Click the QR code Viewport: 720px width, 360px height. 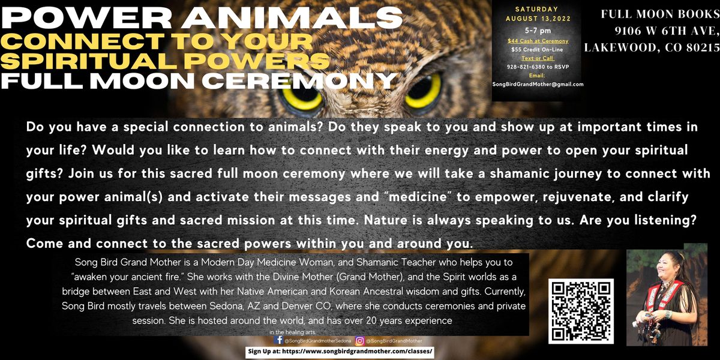click(x=580, y=311)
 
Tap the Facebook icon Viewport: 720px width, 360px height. click(x=278, y=340)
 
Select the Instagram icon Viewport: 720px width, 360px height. click(x=359, y=340)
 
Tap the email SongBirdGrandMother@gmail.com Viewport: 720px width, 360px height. click(x=537, y=85)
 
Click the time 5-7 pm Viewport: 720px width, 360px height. click(x=537, y=29)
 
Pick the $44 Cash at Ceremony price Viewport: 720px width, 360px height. click(x=537, y=41)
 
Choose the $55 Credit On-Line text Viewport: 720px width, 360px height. click(x=537, y=50)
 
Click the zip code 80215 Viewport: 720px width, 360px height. click(x=703, y=47)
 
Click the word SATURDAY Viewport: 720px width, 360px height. click(x=537, y=8)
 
